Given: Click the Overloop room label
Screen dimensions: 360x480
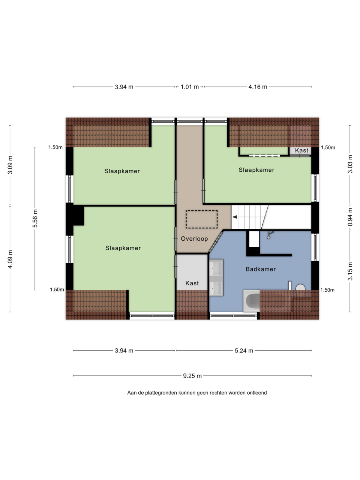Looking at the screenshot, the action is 194,239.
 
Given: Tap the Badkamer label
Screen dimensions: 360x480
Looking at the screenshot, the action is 261,269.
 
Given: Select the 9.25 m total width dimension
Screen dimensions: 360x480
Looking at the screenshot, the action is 192,376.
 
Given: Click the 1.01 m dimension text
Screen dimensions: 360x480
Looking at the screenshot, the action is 190,87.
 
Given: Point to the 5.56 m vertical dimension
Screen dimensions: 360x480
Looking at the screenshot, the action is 35,219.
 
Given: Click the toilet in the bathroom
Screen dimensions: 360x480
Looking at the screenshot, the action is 300,290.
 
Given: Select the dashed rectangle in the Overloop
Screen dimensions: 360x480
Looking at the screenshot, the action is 201,219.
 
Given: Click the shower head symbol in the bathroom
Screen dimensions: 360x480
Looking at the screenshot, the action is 270,235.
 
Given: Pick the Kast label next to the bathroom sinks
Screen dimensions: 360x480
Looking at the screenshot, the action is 192,283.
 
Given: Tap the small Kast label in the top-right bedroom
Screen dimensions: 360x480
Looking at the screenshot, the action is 301,150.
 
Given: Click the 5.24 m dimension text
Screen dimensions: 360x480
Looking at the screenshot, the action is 244,351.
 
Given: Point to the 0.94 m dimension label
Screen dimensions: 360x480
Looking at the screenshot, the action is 350,217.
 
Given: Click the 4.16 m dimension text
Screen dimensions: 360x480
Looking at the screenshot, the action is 258,87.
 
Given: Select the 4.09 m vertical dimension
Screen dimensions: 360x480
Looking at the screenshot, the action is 10,259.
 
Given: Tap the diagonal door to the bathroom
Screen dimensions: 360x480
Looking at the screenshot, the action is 216,242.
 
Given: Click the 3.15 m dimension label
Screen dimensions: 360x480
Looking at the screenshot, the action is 350,271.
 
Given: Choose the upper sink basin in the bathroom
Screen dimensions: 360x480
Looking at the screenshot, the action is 216,268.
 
